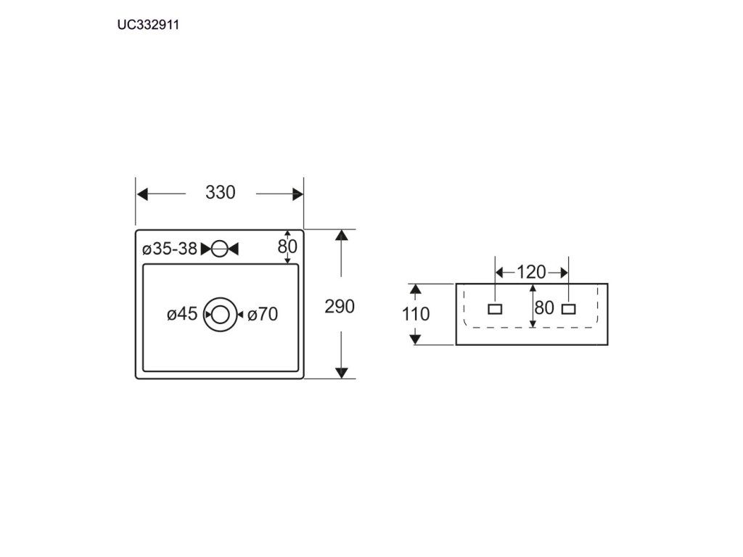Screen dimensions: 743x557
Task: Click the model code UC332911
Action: (148, 25)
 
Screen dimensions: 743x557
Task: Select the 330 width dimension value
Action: (221, 192)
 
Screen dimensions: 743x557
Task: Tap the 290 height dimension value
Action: (340, 307)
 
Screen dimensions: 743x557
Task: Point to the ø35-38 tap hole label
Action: (170, 249)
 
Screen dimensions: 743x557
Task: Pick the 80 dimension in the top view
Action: (287, 247)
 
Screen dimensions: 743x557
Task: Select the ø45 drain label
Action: (182, 313)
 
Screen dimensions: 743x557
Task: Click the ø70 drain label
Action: (263, 314)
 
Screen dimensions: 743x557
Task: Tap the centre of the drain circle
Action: (220, 315)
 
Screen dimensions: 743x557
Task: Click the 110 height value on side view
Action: (416, 313)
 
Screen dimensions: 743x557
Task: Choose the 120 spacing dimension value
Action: (530, 273)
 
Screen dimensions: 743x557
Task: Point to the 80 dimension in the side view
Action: (544, 308)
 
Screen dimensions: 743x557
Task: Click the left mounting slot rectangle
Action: (495, 309)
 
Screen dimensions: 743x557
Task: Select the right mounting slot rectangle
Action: (569, 309)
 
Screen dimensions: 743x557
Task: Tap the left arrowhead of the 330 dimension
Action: (142, 194)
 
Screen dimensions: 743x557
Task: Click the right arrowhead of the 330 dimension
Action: (297, 194)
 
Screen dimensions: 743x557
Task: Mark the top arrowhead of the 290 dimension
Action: (341, 235)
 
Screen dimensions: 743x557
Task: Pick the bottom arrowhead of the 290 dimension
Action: (341, 373)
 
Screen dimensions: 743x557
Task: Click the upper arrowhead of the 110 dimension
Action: (415, 289)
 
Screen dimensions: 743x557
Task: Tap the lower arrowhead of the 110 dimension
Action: (415, 339)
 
